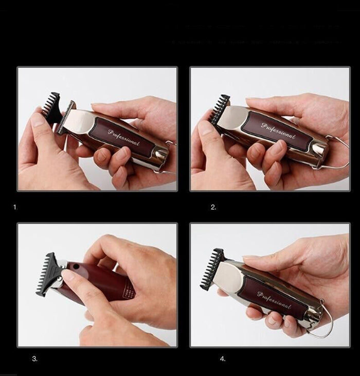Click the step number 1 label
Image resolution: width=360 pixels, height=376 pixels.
click(15, 208)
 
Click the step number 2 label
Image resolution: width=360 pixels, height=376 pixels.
click(213, 208)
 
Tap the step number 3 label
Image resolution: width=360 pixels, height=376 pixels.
click(34, 359)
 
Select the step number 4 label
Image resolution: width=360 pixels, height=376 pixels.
click(223, 359)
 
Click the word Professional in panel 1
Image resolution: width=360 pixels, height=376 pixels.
click(123, 137)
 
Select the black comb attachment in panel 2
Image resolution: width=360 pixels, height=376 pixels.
click(220, 109)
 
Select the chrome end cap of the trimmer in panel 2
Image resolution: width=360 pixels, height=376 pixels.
click(319, 148)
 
